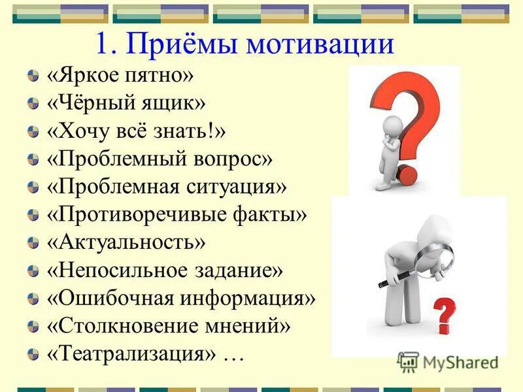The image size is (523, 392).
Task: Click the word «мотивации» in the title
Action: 320,44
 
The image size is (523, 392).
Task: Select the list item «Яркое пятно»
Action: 120,75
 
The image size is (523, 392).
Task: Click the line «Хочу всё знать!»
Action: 136,131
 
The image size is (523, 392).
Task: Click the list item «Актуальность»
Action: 126,242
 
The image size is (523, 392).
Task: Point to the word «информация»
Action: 246,298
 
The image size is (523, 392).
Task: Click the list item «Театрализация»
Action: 131,353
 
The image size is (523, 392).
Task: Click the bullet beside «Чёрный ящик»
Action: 33,103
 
